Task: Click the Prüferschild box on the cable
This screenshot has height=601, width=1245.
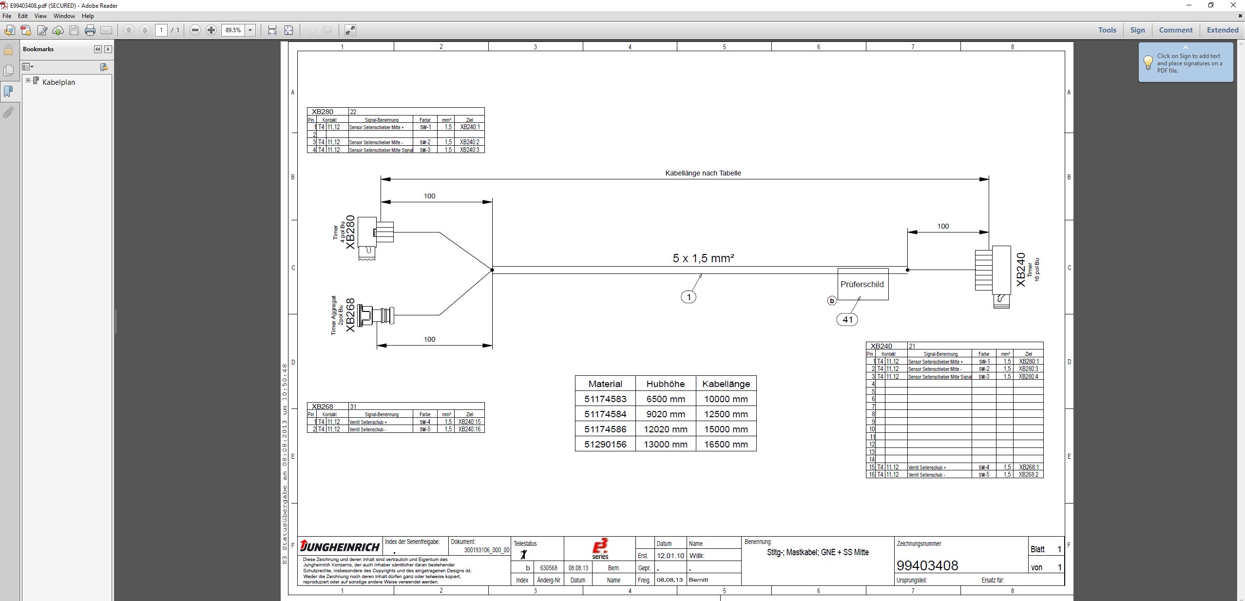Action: click(x=862, y=284)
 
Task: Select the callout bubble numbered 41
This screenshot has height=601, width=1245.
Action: click(x=847, y=319)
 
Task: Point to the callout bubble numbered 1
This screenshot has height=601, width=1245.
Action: click(x=689, y=297)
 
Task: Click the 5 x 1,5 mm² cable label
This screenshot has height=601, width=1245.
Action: click(x=703, y=258)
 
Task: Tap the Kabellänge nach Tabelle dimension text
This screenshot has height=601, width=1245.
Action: click(x=703, y=173)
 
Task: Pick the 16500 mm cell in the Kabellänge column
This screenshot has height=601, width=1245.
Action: click(x=726, y=444)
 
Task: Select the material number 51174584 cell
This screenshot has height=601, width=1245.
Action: click(x=605, y=414)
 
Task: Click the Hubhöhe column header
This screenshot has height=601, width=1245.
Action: click(x=665, y=384)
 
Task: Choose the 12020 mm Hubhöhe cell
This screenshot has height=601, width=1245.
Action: click(x=665, y=429)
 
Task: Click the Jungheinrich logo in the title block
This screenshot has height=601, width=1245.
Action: click(x=340, y=546)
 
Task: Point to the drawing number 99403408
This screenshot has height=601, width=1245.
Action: click(x=927, y=565)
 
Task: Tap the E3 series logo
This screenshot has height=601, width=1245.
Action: click(x=600, y=548)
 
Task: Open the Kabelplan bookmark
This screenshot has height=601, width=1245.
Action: click(x=58, y=82)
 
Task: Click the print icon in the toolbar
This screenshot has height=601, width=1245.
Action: click(x=90, y=30)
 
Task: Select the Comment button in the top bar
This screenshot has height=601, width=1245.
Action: click(x=1175, y=30)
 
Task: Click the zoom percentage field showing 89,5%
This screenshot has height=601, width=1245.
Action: click(x=233, y=30)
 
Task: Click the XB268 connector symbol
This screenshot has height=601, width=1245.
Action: click(x=376, y=315)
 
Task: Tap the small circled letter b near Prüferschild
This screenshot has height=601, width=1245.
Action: click(x=832, y=301)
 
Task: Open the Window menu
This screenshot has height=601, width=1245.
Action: click(x=64, y=16)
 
